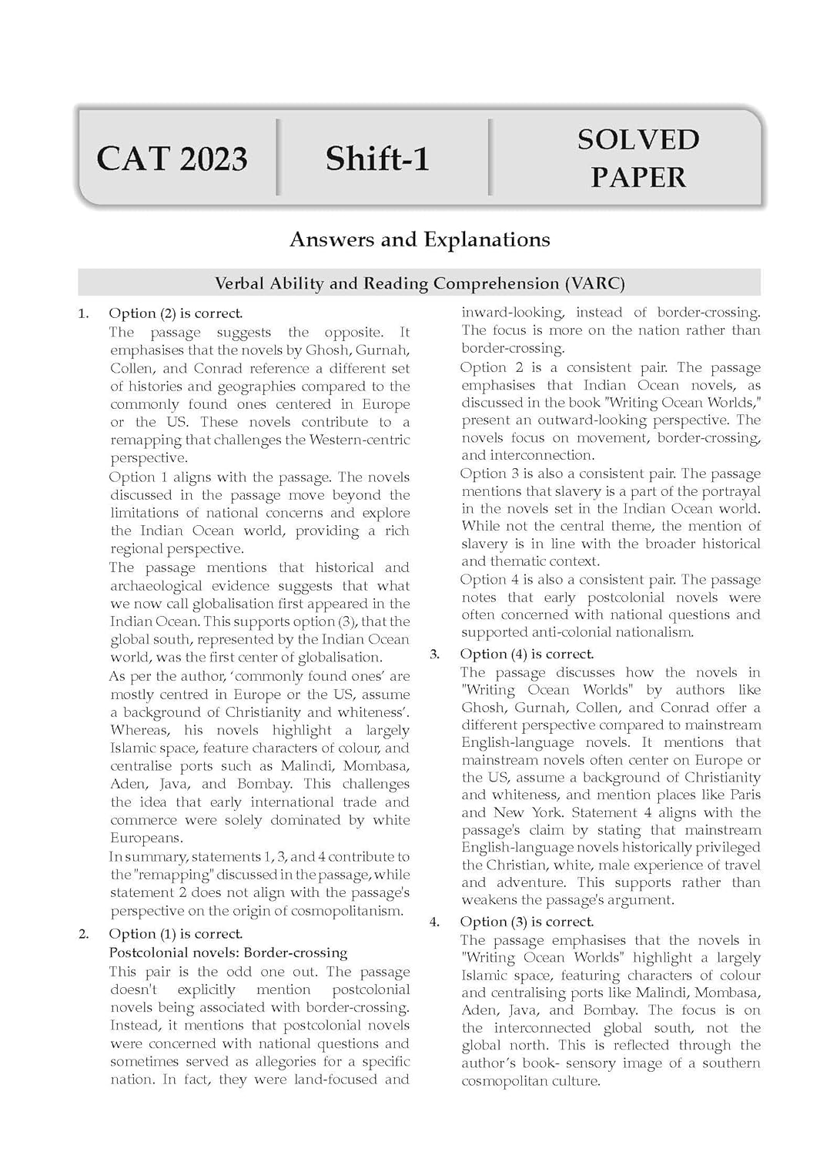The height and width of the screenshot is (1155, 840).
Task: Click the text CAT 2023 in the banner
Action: click(x=172, y=159)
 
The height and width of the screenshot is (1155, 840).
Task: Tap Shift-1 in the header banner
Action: click(x=377, y=159)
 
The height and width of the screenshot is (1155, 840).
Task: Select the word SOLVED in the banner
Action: click(x=638, y=140)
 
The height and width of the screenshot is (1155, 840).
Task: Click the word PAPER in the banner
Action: click(x=638, y=177)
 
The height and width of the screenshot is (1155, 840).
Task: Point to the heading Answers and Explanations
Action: click(x=420, y=239)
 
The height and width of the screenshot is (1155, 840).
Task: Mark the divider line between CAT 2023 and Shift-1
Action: click(x=277, y=157)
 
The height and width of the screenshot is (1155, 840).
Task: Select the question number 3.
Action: click(x=435, y=654)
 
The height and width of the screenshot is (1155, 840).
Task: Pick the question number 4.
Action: click(x=435, y=922)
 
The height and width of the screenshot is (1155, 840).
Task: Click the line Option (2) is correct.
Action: click(x=176, y=313)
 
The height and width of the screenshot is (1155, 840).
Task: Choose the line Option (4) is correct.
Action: click(x=527, y=654)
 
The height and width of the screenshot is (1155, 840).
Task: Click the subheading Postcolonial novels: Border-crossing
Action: click(x=228, y=952)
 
